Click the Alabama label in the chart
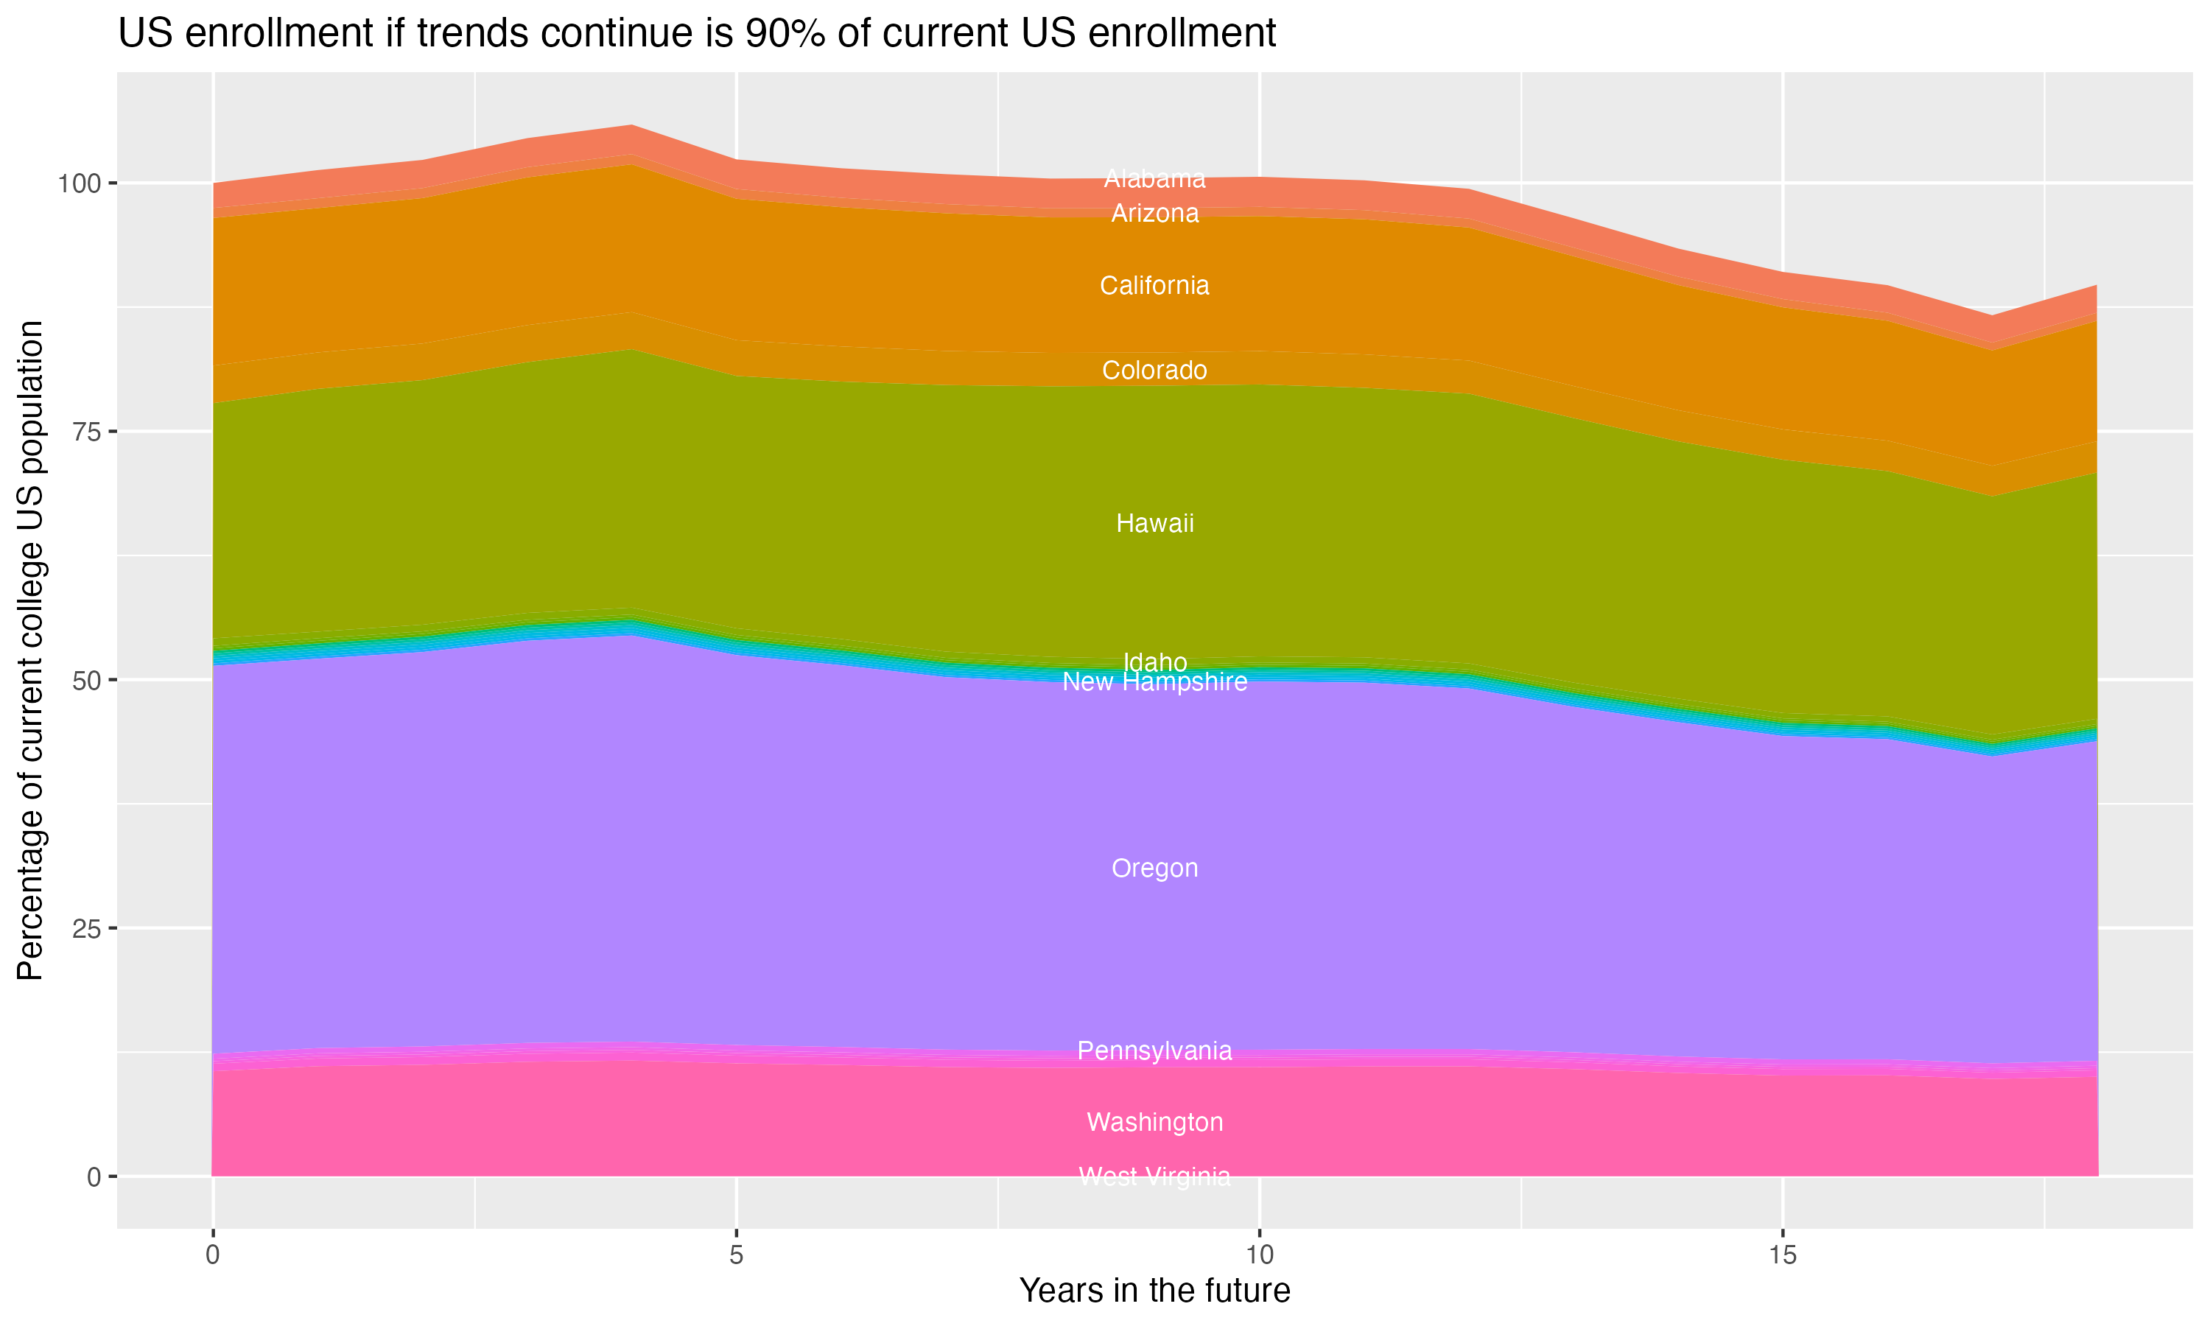tap(1154, 179)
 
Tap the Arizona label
tap(1154, 214)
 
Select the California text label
tap(1154, 286)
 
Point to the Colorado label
tap(1154, 370)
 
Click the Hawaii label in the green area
tap(1154, 524)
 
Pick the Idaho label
tap(1154, 662)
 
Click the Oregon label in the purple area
tap(1154, 869)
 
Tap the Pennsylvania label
tap(1154, 1050)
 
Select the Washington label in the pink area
tap(1154, 1122)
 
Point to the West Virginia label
tap(1154, 1176)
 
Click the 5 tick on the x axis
tap(736, 1255)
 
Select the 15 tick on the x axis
tap(1782, 1255)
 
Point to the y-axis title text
tap(30, 650)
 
